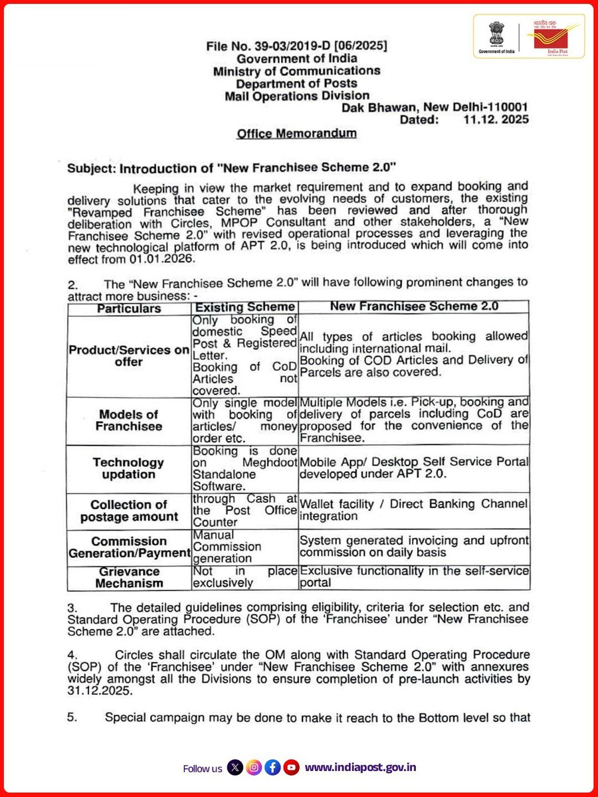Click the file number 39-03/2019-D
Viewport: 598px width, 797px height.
coord(297,46)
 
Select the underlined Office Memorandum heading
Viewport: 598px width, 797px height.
coord(296,133)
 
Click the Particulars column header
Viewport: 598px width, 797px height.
coord(129,308)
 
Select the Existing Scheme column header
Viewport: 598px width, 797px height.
coord(244,307)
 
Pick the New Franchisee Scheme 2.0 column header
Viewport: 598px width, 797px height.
coord(413,307)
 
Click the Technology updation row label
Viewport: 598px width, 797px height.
coord(128,468)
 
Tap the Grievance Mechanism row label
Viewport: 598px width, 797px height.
coord(128,577)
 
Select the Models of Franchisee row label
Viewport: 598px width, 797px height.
coord(128,420)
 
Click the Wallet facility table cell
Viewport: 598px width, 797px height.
coord(413,509)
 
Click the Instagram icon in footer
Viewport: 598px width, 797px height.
coord(254,768)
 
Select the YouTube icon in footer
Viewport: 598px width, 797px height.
coord(291,768)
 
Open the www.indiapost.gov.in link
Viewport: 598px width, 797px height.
coord(361,768)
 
